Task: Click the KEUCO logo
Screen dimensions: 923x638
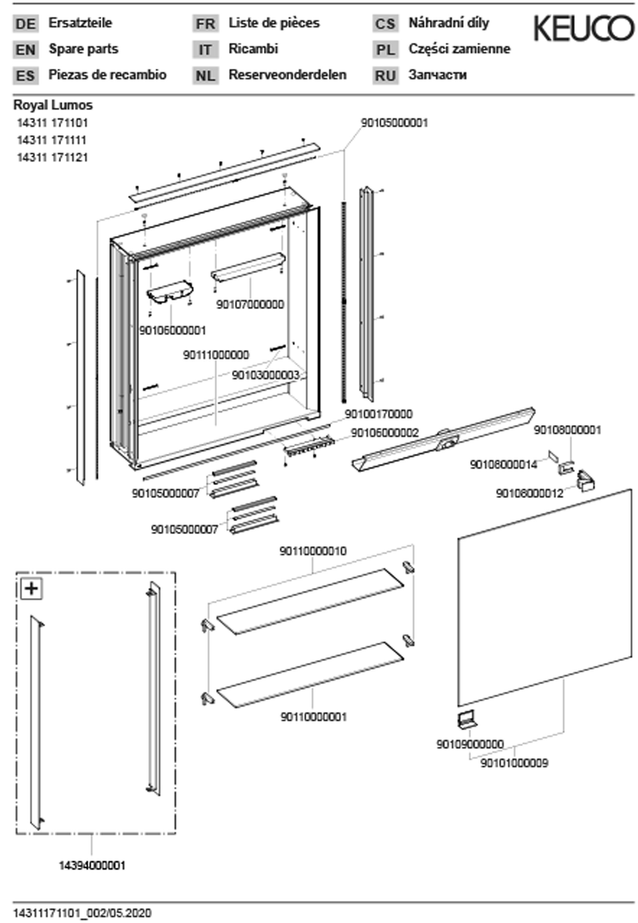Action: click(583, 28)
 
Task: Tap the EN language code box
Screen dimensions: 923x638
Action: click(26, 50)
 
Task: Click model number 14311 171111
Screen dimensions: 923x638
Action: click(51, 140)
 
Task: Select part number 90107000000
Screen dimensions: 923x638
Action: click(250, 305)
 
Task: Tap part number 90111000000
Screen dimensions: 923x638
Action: click(216, 355)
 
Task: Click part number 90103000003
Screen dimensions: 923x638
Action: click(265, 375)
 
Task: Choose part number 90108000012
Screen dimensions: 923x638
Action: click(530, 494)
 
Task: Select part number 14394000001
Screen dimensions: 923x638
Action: click(92, 866)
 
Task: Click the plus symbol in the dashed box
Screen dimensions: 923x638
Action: click(32, 589)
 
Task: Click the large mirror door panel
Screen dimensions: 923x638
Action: click(544, 599)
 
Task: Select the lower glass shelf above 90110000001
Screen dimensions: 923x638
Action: click(310, 675)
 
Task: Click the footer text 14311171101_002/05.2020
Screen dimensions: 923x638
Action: click(82, 913)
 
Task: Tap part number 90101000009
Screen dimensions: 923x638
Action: click(514, 763)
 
